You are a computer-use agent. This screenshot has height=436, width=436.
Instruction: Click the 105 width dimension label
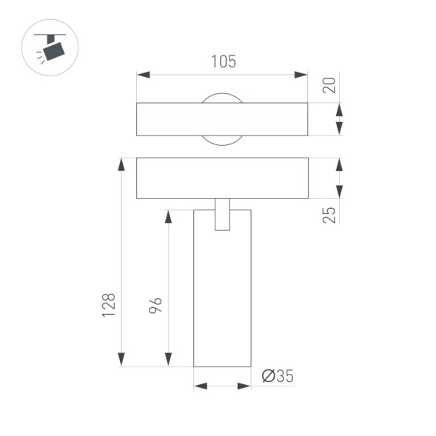point(222,62)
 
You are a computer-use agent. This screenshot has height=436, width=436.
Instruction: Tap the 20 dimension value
point(329,84)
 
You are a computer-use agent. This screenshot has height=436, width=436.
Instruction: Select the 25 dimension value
point(329,214)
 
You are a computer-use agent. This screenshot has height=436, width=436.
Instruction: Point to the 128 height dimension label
point(109,305)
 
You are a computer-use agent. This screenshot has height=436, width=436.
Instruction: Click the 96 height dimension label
point(155,305)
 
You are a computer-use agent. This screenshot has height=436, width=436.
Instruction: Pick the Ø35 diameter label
point(278,376)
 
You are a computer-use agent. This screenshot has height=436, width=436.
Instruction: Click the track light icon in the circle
point(51,48)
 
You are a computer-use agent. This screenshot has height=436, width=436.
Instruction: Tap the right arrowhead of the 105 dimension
point(301,75)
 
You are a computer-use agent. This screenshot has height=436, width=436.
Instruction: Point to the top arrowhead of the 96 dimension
point(168,216)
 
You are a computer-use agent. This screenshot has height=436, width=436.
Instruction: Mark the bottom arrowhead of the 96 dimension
point(168,359)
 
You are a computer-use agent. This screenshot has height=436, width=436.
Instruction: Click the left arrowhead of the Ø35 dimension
point(200,386)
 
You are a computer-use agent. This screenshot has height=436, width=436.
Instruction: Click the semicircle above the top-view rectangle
point(222,98)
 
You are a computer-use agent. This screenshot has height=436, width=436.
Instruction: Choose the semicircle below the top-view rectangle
point(222,140)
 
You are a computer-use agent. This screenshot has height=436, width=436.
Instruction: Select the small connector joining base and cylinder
point(222,215)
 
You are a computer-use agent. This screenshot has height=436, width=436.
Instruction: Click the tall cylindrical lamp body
point(222,296)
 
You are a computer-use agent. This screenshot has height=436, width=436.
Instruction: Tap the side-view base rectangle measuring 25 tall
point(222,178)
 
